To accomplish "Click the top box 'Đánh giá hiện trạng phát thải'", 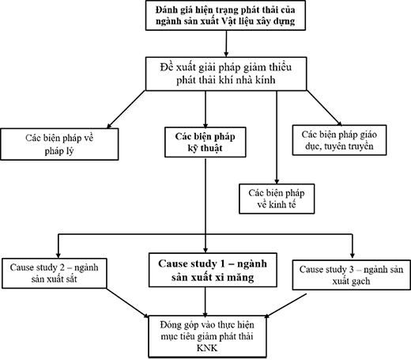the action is (225, 15).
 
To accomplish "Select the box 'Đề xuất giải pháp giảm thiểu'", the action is (226, 74).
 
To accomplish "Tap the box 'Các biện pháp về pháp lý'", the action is (59, 144).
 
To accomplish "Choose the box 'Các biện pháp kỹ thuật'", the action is (205, 142).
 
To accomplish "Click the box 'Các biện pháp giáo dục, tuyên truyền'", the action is (339, 140).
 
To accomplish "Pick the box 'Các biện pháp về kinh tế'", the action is (277, 199).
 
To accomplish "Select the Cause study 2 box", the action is (55, 273).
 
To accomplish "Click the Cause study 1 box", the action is (213, 270).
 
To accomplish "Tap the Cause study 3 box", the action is (352, 275).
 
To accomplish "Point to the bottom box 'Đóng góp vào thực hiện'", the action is (208, 336).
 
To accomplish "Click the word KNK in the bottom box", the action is (207, 348).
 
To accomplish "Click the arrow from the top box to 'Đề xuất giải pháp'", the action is (226, 44).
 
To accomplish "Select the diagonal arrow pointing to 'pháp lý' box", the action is (126, 109).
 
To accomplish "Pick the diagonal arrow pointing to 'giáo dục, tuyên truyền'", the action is (324, 108).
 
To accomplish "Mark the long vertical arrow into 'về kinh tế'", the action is (277, 137).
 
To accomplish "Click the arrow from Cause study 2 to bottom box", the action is (128, 303).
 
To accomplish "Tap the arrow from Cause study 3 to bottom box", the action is (285, 305).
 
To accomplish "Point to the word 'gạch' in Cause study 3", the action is (360, 282).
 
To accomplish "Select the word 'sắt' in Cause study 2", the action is (71, 279).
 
